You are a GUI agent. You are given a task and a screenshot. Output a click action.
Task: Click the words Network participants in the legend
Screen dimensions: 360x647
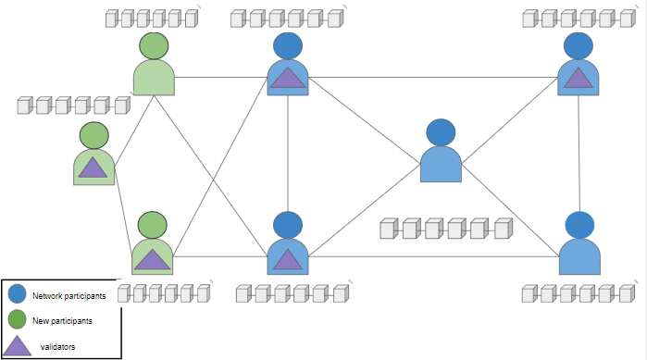(x=68, y=296)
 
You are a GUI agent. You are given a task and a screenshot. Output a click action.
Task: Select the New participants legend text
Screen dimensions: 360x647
(x=62, y=320)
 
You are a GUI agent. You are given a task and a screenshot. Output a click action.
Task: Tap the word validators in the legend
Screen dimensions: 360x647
(x=57, y=346)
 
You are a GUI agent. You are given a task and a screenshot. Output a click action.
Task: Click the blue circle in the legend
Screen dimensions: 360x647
(x=18, y=295)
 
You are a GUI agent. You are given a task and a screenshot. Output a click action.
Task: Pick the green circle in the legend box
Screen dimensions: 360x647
(x=18, y=320)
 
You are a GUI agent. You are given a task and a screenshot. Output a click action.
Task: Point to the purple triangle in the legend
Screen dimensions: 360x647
(x=17, y=346)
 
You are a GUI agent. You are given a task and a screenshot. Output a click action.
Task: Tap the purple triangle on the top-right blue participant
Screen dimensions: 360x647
(x=579, y=77)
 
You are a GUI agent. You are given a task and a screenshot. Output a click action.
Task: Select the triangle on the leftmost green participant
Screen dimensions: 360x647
(x=93, y=167)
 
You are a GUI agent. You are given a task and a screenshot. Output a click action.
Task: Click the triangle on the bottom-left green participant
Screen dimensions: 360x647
(x=152, y=258)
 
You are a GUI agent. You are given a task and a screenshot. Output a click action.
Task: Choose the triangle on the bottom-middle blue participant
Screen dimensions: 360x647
(x=288, y=259)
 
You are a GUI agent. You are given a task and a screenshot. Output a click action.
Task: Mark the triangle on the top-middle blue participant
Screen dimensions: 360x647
(x=288, y=79)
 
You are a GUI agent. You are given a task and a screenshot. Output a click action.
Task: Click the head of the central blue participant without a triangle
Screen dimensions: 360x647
(x=441, y=132)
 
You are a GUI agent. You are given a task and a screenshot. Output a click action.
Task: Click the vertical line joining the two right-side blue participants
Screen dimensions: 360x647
(x=579, y=153)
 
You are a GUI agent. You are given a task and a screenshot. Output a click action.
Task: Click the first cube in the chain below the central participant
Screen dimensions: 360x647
(x=388, y=229)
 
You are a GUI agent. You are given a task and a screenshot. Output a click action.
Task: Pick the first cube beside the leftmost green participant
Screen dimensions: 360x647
(x=25, y=106)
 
